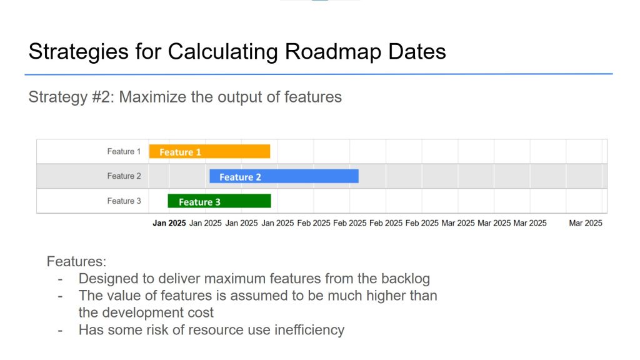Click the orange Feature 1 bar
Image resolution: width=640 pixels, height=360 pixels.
(x=209, y=151)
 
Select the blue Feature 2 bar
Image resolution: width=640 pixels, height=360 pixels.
(x=284, y=176)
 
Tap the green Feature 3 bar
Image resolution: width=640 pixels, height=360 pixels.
(x=219, y=201)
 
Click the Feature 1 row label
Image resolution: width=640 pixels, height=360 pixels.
(x=124, y=151)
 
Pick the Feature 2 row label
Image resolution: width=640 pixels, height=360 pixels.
(x=124, y=176)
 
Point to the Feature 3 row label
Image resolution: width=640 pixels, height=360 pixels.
(x=124, y=201)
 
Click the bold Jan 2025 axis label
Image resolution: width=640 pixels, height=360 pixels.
(x=169, y=223)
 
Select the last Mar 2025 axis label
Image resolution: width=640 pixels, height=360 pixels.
(x=586, y=223)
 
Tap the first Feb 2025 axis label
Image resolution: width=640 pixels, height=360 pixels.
(x=314, y=223)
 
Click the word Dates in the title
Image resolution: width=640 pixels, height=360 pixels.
(x=417, y=51)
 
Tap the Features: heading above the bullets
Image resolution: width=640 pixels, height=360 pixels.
(x=76, y=261)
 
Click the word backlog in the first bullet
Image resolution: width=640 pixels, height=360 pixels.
(x=406, y=279)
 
